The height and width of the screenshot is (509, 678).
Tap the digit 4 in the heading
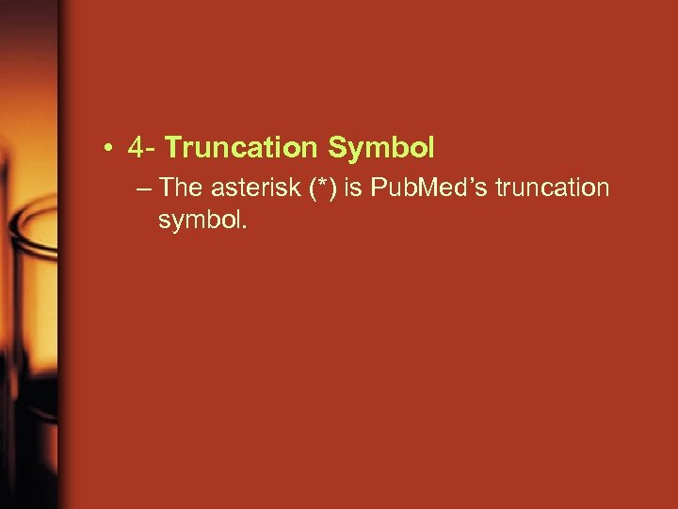(138, 148)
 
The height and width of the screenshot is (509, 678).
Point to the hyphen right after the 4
(153, 150)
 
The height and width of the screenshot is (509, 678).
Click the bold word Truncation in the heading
(243, 148)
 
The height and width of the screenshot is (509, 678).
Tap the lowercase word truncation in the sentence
(552, 188)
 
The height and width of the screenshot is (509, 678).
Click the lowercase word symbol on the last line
(200, 221)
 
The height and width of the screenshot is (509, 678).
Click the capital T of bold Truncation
(172, 148)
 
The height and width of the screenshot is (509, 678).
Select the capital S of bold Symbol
(336, 148)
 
